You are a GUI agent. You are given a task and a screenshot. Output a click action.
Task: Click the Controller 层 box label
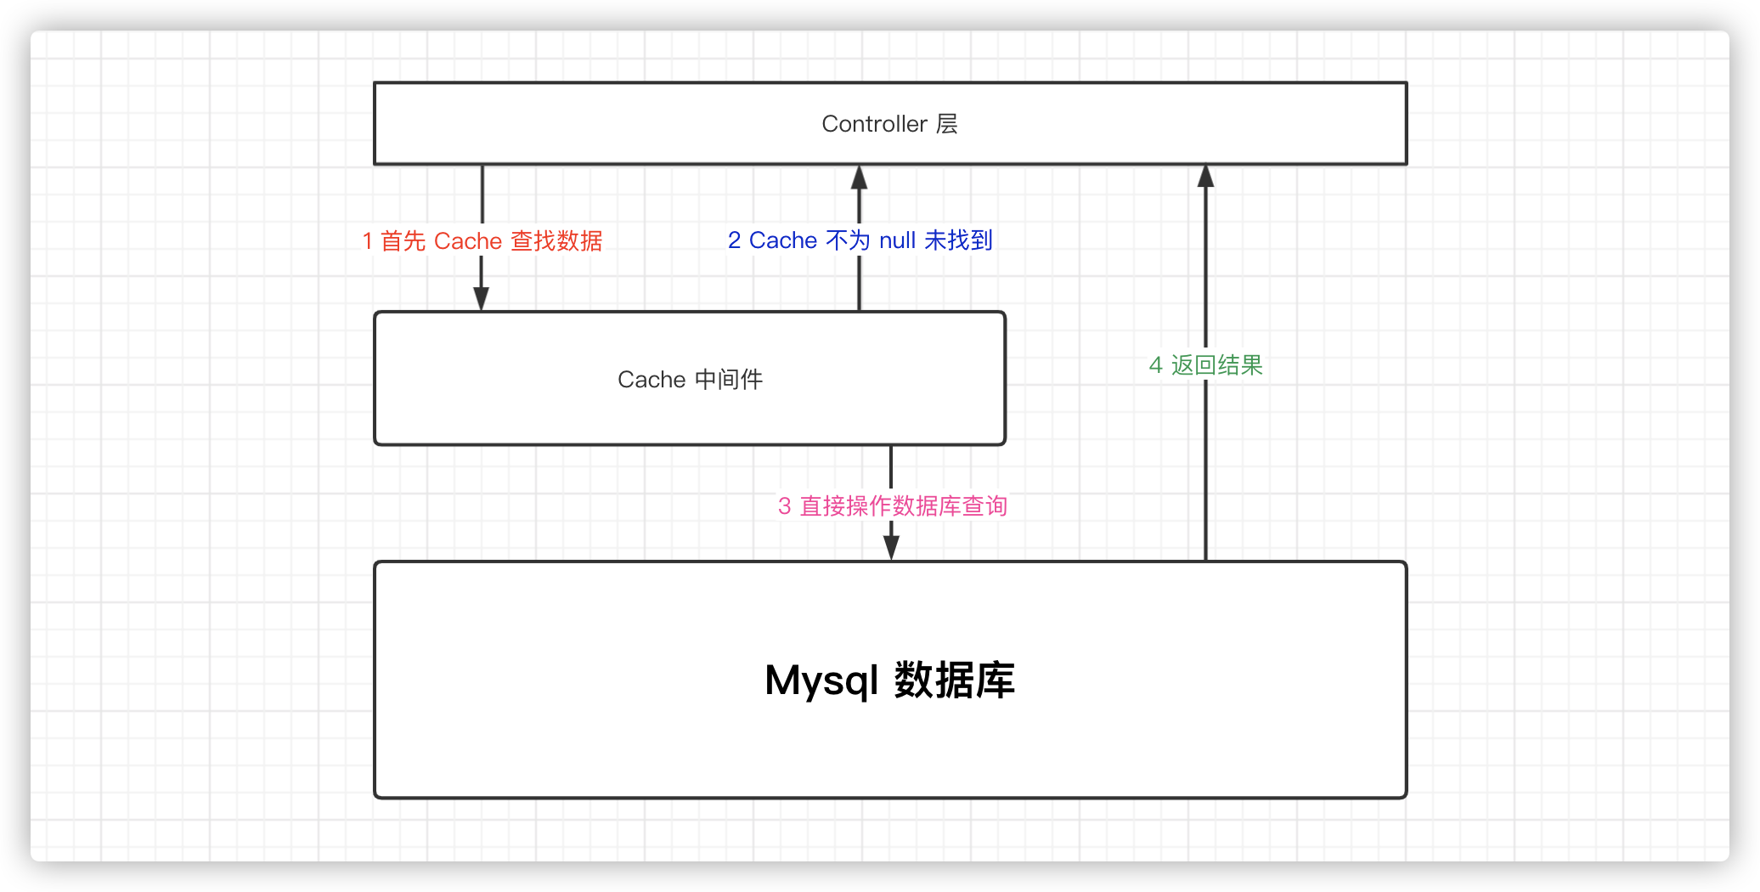pos(889,124)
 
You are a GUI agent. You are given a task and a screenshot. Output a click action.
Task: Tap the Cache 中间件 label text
pos(690,379)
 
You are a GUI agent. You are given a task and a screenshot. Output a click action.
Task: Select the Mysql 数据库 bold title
pos(889,680)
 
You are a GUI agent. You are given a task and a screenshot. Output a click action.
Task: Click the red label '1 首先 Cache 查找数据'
pos(482,241)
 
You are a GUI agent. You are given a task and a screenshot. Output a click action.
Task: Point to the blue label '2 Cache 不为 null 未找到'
pos(860,240)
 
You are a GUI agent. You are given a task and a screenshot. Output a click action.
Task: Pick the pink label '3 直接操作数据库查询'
pos(892,506)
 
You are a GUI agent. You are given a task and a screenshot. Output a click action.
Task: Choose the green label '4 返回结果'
pos(1205,365)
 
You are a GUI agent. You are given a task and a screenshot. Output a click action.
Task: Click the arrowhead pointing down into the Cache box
pos(482,298)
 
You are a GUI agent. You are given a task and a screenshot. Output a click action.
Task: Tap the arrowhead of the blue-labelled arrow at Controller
pos(860,178)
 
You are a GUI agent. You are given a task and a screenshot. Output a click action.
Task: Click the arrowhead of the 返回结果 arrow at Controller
pos(1205,176)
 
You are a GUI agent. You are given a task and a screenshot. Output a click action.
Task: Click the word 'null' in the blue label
pos(897,240)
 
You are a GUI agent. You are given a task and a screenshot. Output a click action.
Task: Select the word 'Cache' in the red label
pos(468,241)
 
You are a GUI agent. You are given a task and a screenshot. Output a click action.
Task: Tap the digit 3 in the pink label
pos(784,506)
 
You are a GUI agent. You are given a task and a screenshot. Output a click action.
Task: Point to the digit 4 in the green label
pos(1155,365)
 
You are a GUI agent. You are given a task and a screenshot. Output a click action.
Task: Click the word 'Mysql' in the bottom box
pos(821,680)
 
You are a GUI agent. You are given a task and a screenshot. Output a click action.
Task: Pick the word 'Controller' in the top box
pos(874,124)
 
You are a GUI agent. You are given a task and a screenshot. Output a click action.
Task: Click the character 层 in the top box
pos(947,124)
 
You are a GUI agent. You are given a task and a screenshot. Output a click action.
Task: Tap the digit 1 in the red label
pos(368,241)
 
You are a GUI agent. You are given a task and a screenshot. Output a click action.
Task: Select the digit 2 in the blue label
pos(734,240)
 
